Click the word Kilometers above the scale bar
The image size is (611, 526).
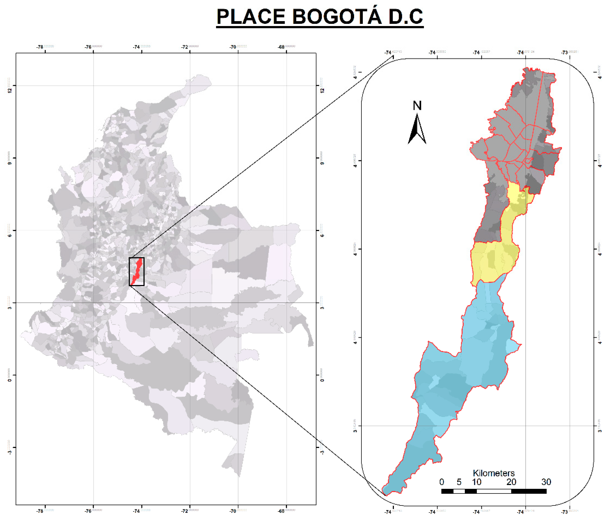[x=494, y=473]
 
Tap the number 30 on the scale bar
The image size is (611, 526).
[x=546, y=482]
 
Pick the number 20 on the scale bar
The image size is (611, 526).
[x=511, y=482]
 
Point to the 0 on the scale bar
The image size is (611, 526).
[x=441, y=482]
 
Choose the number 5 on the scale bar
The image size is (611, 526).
[x=459, y=482]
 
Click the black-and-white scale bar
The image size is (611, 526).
[x=494, y=491]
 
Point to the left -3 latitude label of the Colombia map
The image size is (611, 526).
[x=10, y=451]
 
